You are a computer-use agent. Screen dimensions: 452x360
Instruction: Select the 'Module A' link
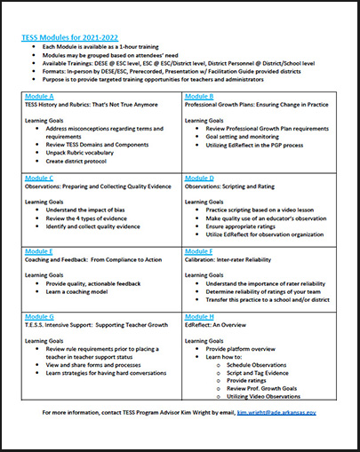pos(40,95)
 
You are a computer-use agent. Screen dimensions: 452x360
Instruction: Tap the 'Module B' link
pos(199,95)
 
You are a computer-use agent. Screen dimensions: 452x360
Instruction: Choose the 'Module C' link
pos(40,178)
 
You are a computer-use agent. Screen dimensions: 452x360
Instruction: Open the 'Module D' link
pos(199,178)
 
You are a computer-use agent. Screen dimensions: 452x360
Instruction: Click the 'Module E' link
pos(40,251)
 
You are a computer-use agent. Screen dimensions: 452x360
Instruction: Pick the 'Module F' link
pos(199,251)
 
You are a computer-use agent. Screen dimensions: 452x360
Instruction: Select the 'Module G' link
pos(40,316)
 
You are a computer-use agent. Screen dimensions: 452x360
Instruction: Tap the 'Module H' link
pos(199,316)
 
